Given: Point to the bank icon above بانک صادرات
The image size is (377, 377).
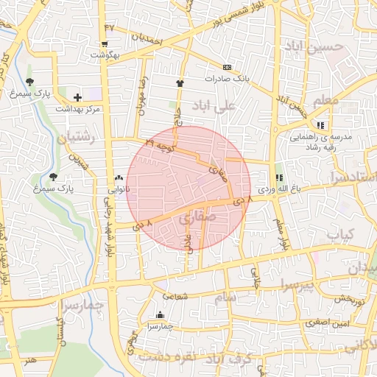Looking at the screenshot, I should click(227, 67).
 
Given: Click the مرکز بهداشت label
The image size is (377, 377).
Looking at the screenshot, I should click(77, 108).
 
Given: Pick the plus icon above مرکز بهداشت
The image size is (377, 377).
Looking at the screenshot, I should click(77, 97).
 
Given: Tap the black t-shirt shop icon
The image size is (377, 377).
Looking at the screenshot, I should click(180, 83).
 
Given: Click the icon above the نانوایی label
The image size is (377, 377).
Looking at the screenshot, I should click(119, 178).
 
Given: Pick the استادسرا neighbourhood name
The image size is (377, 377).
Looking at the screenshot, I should click(353, 177).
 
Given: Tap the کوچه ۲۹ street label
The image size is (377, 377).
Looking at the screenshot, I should click(160, 144).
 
